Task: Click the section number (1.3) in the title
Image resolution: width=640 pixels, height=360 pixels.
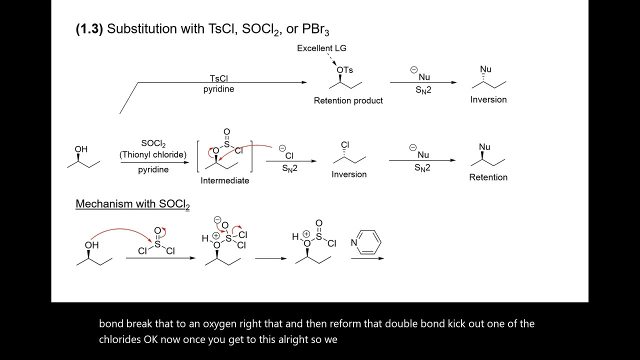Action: [x=89, y=29]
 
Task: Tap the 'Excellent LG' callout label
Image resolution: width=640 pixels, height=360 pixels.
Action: [x=321, y=48]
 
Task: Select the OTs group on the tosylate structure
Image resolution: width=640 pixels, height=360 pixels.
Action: [x=344, y=70]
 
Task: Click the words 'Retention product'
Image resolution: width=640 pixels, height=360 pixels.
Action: [x=348, y=100]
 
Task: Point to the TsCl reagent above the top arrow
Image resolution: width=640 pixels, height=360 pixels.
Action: [x=218, y=78]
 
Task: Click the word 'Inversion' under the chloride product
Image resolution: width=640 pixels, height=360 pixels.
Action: [x=349, y=174]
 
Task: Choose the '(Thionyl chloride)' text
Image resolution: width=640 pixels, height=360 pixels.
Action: [x=153, y=155]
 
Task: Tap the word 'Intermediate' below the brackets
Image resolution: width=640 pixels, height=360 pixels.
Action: [x=224, y=180]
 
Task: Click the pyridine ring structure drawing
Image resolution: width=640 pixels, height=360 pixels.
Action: [x=369, y=242]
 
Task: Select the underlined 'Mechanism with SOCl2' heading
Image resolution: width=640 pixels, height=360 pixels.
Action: [x=132, y=204]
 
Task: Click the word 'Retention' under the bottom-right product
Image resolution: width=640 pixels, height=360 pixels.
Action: [x=488, y=177]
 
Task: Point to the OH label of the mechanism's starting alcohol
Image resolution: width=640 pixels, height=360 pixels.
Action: [x=91, y=245]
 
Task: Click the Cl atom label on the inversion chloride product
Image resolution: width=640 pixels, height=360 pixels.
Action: [x=345, y=145]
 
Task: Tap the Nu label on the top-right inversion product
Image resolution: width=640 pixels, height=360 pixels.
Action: [x=485, y=69]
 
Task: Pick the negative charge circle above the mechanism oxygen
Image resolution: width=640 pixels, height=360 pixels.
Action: [x=217, y=219]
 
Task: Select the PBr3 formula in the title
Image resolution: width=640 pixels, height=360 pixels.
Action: [x=315, y=29]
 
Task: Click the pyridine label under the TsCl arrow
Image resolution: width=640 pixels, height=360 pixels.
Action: [x=218, y=89]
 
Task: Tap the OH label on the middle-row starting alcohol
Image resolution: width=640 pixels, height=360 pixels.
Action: [x=81, y=149]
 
